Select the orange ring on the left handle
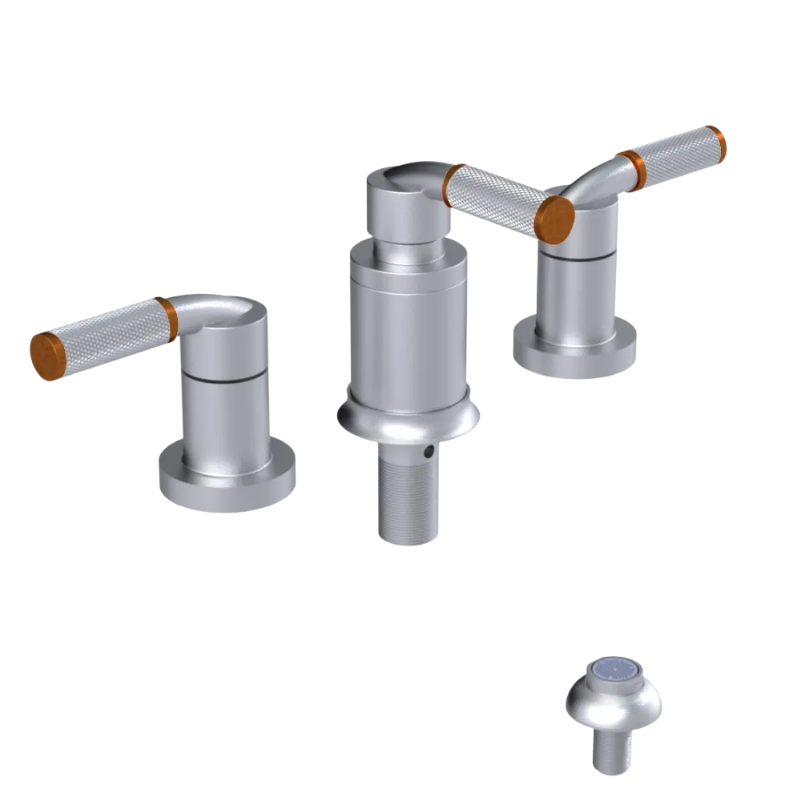pos(166,318)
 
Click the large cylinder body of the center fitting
pos(408,328)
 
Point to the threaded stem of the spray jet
pos(612,749)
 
